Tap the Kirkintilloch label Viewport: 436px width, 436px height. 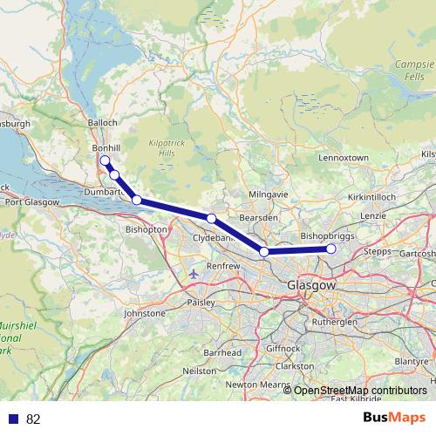(x=372, y=198)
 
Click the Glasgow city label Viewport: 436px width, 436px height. (x=311, y=285)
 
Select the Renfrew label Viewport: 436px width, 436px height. (x=223, y=266)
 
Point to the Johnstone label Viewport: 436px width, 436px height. (x=145, y=312)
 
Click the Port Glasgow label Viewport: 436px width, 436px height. (x=31, y=202)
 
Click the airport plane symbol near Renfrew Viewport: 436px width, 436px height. (x=194, y=274)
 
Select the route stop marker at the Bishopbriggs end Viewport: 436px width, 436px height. (x=331, y=249)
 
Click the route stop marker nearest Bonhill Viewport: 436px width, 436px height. (x=105, y=160)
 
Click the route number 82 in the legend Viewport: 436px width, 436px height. (x=33, y=419)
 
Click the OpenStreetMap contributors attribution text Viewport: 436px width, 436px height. (x=360, y=390)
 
